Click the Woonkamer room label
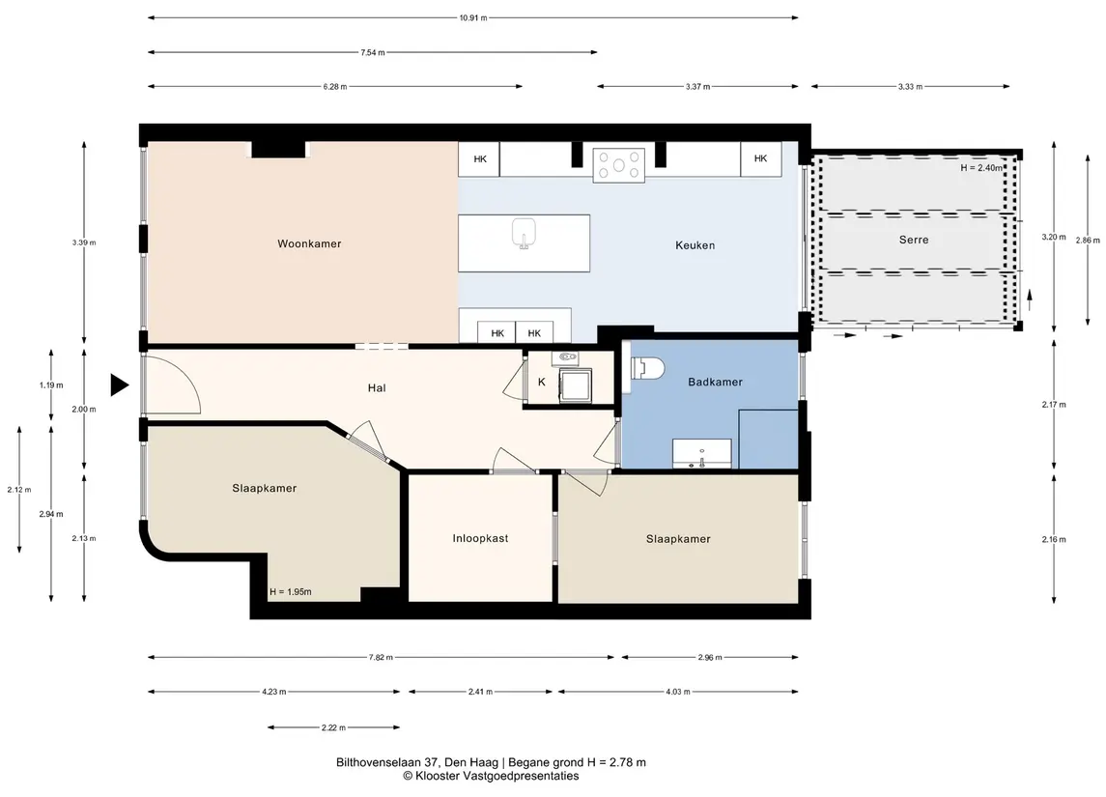click(x=309, y=244)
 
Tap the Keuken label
click(x=695, y=245)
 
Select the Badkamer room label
click(x=715, y=382)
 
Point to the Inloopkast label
click(x=480, y=538)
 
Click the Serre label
click(x=914, y=240)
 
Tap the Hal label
click(x=377, y=388)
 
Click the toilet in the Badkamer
click(x=646, y=368)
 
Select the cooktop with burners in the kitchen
click(x=618, y=166)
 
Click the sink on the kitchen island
click(x=524, y=234)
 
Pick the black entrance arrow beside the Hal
click(x=119, y=385)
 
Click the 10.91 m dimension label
click(x=473, y=18)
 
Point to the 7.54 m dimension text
click(x=373, y=52)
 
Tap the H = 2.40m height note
click(x=981, y=168)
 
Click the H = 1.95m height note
click(x=290, y=592)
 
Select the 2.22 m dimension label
click(x=333, y=727)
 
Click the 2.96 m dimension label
click(x=710, y=657)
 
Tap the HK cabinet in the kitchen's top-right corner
click(x=760, y=158)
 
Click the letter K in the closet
click(x=542, y=383)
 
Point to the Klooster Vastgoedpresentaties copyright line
click(x=491, y=776)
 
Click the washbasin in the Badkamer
click(x=701, y=453)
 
